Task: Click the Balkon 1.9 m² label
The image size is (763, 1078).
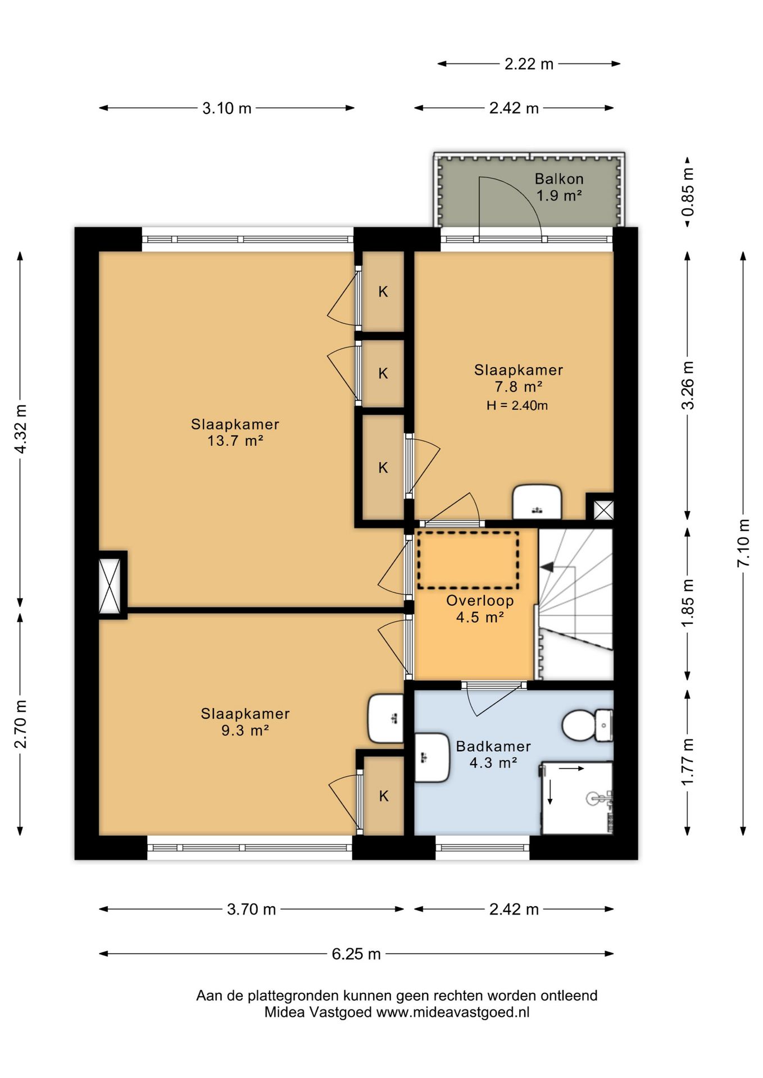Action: [558, 187]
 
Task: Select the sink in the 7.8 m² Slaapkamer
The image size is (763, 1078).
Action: [537, 502]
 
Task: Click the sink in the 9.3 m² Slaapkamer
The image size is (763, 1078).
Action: [385, 718]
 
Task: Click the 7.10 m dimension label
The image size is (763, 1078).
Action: [743, 542]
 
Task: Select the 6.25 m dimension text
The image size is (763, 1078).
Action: [356, 954]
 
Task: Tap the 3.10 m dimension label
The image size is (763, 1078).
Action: [226, 108]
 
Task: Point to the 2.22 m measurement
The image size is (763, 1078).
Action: [529, 64]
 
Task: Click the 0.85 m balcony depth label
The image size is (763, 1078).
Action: [688, 191]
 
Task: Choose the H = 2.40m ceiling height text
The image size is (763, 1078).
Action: [517, 405]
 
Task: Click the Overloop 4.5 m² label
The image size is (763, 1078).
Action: [480, 609]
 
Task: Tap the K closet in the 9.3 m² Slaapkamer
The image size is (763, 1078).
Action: [384, 796]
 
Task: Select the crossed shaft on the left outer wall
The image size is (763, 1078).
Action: [110, 585]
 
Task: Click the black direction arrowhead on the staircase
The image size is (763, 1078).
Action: [547, 568]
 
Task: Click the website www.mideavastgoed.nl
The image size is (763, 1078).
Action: [453, 1012]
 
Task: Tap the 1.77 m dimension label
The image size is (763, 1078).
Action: [688, 762]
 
